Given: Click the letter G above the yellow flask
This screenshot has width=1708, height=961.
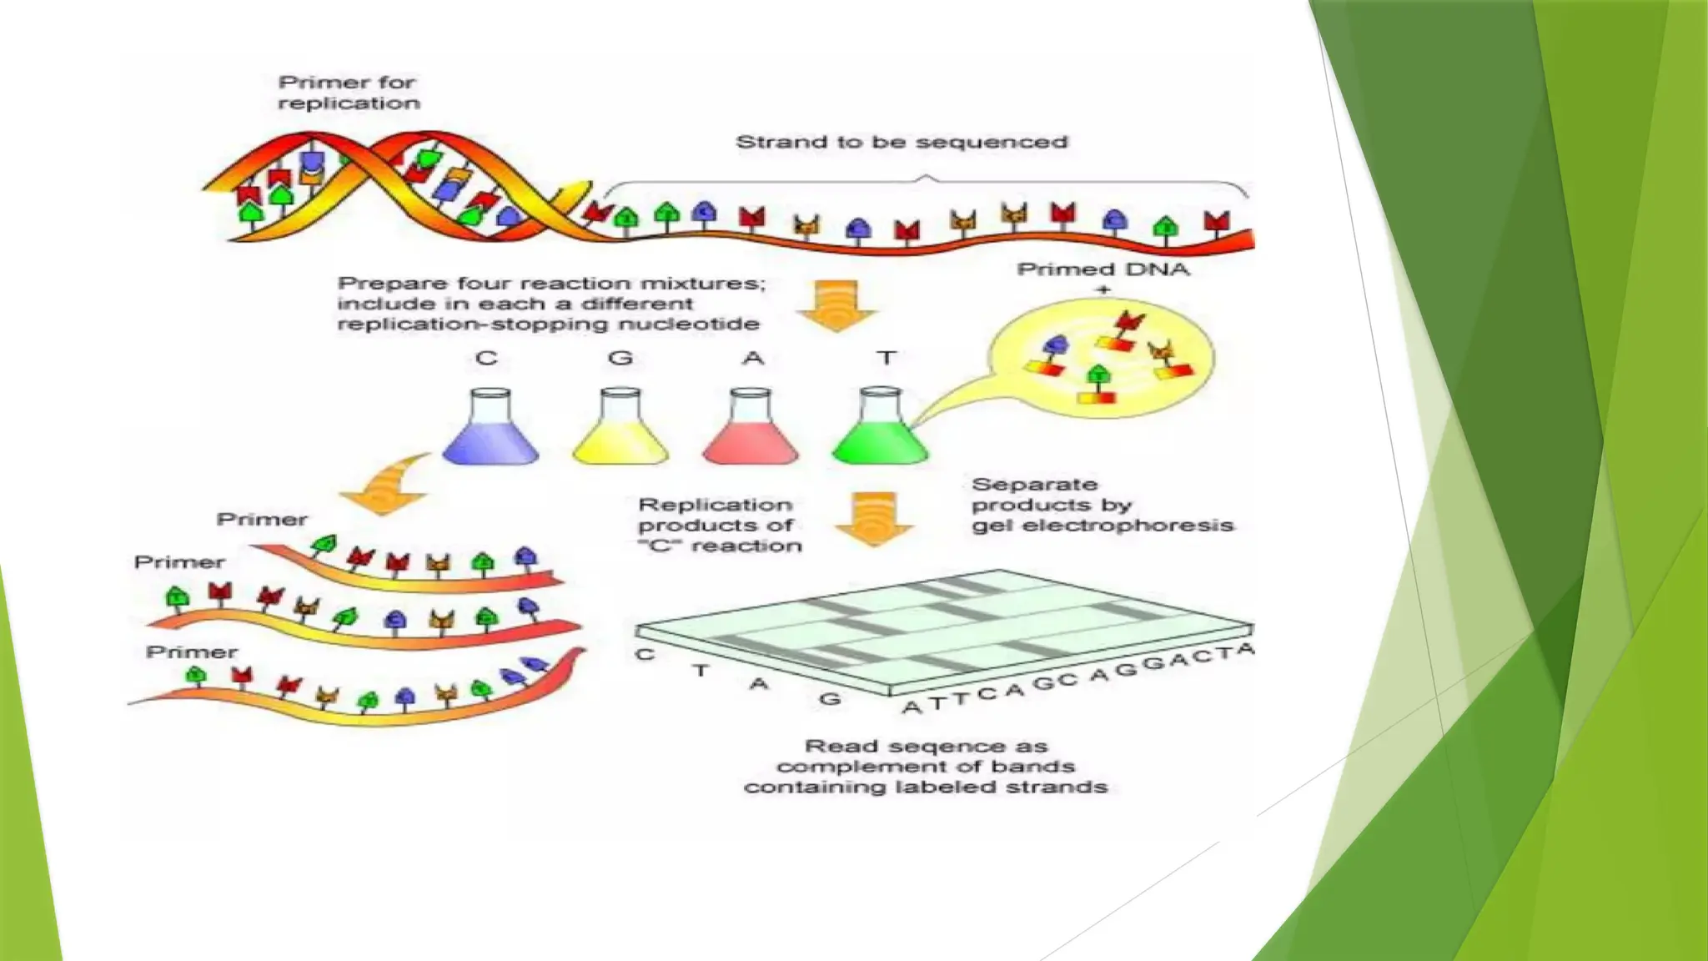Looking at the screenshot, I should tap(620, 359).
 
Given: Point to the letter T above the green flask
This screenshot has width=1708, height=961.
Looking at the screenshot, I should tap(886, 359).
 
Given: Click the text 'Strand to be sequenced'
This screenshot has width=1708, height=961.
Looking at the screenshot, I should tap(902, 143).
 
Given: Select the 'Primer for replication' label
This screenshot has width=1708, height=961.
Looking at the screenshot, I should tap(348, 93).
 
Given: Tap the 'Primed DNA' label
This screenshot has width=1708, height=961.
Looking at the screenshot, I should tap(1103, 269).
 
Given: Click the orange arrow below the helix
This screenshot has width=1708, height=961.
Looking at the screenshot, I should tap(836, 305).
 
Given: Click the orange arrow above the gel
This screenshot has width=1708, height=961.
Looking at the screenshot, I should tap(874, 519).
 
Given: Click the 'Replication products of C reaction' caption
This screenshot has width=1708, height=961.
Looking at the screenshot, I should tap(719, 526).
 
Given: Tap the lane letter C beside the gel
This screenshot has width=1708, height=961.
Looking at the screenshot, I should tap(645, 655).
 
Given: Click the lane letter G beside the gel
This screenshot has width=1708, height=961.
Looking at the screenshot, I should tap(830, 699).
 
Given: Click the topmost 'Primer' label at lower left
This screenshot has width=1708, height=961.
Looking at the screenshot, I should tap(262, 520).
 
